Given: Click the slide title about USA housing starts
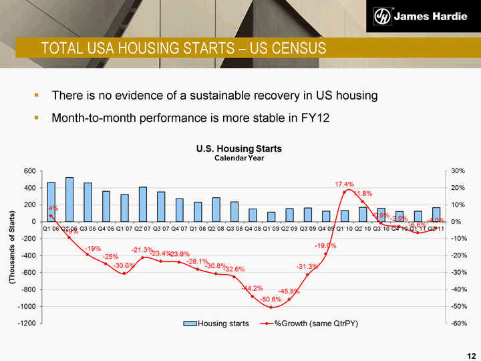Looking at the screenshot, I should pos(184,48).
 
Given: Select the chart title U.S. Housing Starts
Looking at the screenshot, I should pos(238,148).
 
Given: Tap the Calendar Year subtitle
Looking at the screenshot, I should pos(238,158).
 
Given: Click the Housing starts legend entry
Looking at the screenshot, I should pos(214,323).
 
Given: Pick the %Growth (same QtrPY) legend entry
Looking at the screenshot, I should pos(312,323).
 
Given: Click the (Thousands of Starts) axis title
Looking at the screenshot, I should pos(11,247).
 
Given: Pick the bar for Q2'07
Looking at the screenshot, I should pos(143,204).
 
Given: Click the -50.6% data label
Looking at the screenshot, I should pos(270,299).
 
